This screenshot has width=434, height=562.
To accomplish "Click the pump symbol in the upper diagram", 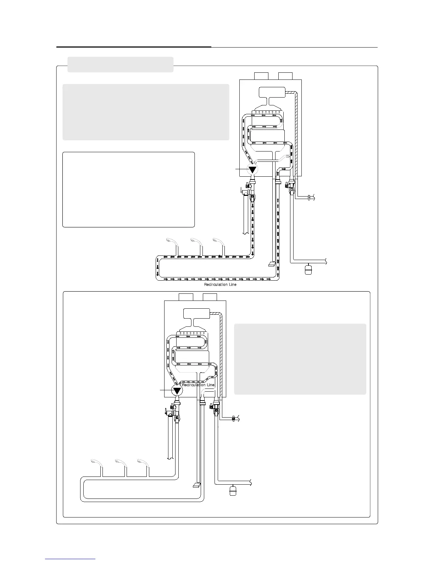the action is (252, 170).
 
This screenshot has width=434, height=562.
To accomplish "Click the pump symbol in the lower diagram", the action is (177, 391).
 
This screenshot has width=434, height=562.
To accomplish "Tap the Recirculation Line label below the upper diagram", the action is (220, 285).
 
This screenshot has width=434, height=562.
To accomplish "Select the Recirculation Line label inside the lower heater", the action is (198, 385).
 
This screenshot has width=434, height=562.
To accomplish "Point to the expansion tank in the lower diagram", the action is (233, 491).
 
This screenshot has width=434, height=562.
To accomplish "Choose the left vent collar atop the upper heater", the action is (261, 76).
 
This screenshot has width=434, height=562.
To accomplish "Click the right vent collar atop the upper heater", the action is (285, 76).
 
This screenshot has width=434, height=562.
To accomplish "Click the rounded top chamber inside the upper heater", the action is (272, 93).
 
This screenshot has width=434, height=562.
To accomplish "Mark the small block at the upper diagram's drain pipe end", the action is (272, 264).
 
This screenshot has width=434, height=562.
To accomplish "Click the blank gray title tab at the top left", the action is (120, 65).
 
